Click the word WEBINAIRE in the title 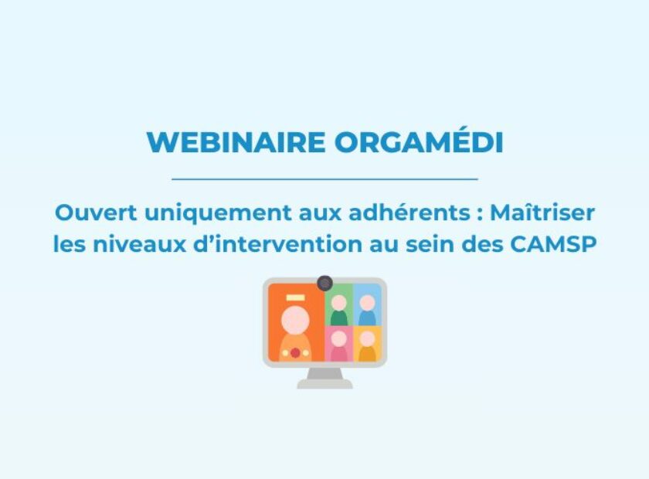pyautogui.click(x=236, y=142)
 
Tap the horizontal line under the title pyautogui.click(x=325, y=179)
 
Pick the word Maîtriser pyautogui.click(x=542, y=212)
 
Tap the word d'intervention pyautogui.click(x=278, y=244)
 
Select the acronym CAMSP pyautogui.click(x=553, y=244)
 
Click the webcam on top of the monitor pyautogui.click(x=325, y=284)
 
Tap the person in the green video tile pyautogui.click(x=339, y=310)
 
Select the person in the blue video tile pyautogui.click(x=367, y=310)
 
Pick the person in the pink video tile pyautogui.click(x=339, y=346)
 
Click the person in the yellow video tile pyautogui.click(x=367, y=346)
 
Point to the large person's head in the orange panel pyautogui.click(x=295, y=319)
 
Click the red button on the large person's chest pyautogui.click(x=295, y=353)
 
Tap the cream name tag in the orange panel pyautogui.click(x=295, y=297)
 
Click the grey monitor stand pyautogui.click(x=325, y=379)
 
